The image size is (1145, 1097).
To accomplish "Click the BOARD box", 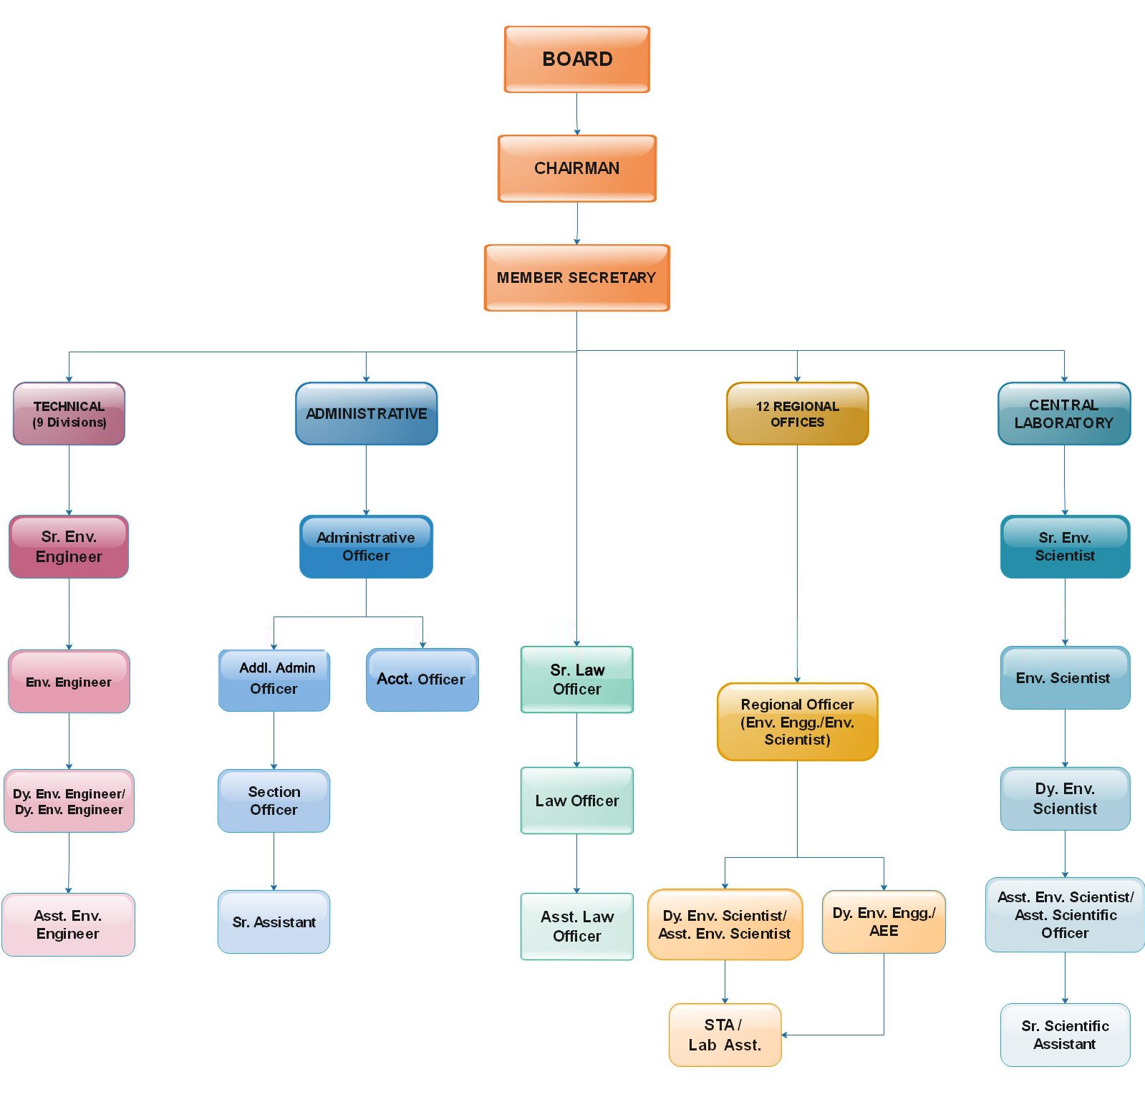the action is tap(577, 59).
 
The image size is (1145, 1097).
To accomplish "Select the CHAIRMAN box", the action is tap(577, 168).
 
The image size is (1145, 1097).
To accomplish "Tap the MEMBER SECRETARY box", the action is tap(577, 278).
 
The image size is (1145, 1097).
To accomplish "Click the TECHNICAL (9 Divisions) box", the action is tap(69, 414).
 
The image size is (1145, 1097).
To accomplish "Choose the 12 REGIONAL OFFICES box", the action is tap(798, 414).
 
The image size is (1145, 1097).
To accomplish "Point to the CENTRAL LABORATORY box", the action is tap(1065, 414).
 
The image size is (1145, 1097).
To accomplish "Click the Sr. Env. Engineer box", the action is tap(69, 546).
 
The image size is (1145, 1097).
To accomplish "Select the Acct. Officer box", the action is tap(422, 680).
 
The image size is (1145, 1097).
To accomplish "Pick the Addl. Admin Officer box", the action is tap(274, 680).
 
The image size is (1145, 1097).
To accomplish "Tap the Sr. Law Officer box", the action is tap(577, 680).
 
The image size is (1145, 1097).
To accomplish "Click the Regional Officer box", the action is tap(798, 722).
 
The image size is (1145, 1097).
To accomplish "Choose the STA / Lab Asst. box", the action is tap(725, 1035).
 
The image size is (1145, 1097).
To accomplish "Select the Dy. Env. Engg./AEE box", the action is tap(884, 922).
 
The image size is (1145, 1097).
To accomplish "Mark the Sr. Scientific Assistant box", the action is tap(1066, 1035).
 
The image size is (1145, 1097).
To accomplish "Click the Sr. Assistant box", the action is tap(274, 922).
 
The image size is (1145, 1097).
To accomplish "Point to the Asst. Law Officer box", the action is tap(577, 926).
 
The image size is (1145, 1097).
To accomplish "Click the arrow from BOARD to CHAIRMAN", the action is tap(577, 114).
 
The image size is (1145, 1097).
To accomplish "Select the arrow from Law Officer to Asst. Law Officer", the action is tap(577, 864).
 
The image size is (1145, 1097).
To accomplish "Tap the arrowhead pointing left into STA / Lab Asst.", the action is tap(785, 1035).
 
